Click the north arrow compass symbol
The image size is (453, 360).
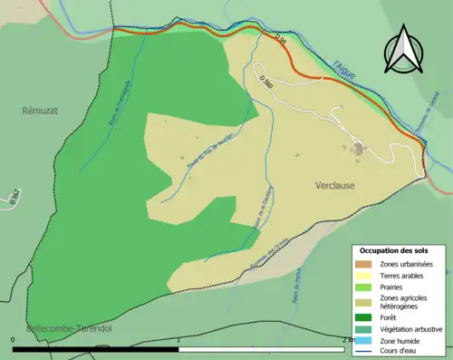pyautogui.click(x=401, y=51)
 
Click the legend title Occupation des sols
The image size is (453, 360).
pyautogui.click(x=398, y=249)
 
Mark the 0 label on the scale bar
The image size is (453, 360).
pyautogui.click(x=13, y=340)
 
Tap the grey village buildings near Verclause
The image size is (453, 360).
pyautogui.click(x=360, y=148)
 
